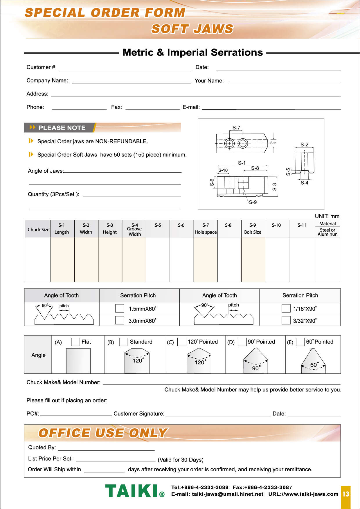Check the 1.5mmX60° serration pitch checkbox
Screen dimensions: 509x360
pos(120,308)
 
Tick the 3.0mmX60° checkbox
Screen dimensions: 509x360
pos(120,320)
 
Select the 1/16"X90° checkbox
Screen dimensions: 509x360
pos(286,308)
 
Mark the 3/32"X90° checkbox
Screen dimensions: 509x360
pos(286,320)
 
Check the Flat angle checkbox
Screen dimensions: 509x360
pos(75,342)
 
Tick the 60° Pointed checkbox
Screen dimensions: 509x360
pos(300,342)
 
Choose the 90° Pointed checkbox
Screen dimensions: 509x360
pos(242,342)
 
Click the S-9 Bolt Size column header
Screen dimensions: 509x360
pos(253,229)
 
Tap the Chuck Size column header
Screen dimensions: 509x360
pos(38,230)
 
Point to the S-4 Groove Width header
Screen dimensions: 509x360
pos(135,229)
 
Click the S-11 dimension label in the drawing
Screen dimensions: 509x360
pos(273,143)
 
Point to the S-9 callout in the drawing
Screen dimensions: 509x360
pos(253,202)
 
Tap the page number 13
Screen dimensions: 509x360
pos(345,494)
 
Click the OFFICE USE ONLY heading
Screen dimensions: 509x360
pos(103,433)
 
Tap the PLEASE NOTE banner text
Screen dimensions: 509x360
pos(62,128)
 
